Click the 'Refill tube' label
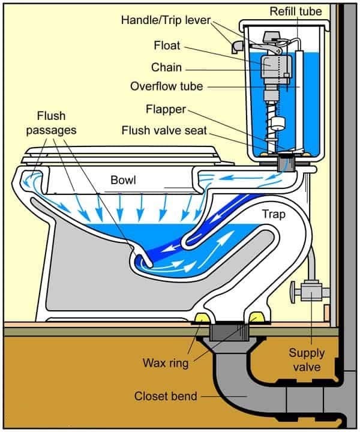pyautogui.click(x=295, y=11)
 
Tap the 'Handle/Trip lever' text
pyautogui.click(x=166, y=20)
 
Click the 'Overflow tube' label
pyautogui.click(x=166, y=86)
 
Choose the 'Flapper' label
pyautogui.click(x=166, y=110)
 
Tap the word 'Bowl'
pyautogui.click(x=124, y=180)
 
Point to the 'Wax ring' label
pyautogui.click(x=166, y=363)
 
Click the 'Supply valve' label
pyautogui.click(x=307, y=359)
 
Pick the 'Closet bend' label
pyautogui.click(x=164, y=396)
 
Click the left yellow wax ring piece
pyautogui.click(x=203, y=317)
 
